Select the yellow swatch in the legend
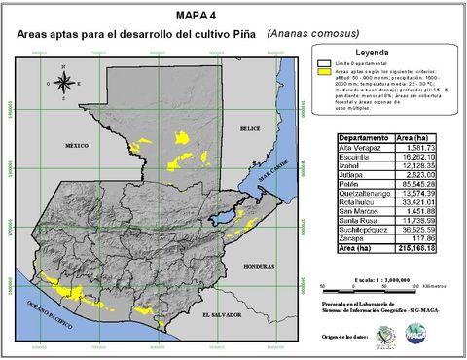coord(326,72)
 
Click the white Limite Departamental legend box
coord(326,63)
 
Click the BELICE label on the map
coord(253,127)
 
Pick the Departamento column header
coord(362,138)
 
